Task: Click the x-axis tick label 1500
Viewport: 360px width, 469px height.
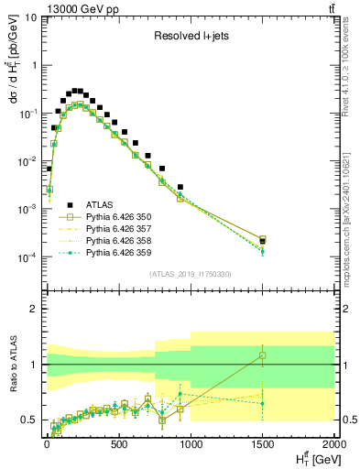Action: coord(262,444)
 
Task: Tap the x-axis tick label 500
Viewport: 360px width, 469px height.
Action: coord(118,444)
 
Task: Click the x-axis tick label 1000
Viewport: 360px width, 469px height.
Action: coord(190,444)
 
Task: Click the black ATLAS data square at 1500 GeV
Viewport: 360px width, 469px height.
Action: coord(263,242)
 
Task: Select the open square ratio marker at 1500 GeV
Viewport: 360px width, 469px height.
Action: coord(263,355)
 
